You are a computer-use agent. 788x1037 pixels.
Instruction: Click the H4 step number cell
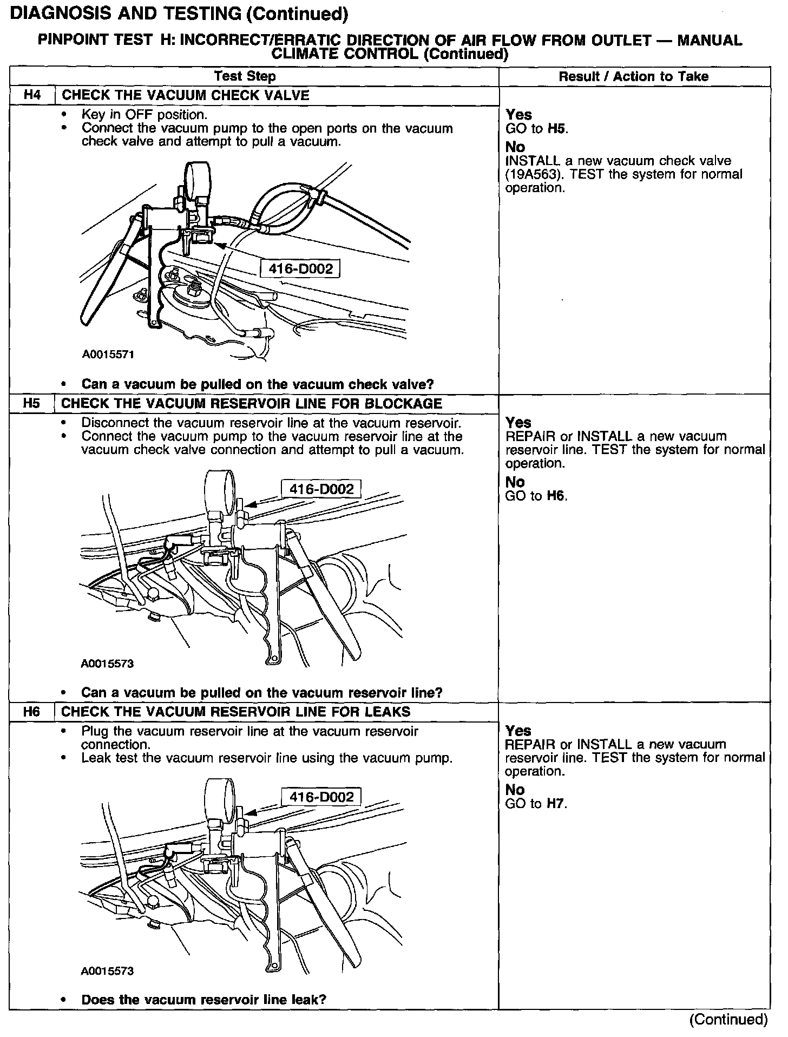click(x=32, y=95)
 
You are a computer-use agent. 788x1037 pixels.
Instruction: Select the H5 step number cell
click(x=32, y=404)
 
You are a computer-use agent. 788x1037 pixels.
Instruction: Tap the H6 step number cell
click(x=32, y=712)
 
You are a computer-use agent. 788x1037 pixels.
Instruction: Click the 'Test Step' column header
click(x=245, y=76)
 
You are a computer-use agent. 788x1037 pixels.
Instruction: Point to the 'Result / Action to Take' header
click(x=633, y=76)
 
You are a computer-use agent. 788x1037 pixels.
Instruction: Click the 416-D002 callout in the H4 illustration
click(x=300, y=268)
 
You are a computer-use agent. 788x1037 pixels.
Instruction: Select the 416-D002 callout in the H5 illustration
click(x=321, y=489)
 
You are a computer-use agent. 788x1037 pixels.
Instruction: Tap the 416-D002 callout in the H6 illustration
click(x=321, y=797)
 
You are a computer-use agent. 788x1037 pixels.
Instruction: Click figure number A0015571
click(x=108, y=355)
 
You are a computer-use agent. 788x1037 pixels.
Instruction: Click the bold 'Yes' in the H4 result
click(x=518, y=115)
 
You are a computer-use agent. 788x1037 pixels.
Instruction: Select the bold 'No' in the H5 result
click(x=515, y=482)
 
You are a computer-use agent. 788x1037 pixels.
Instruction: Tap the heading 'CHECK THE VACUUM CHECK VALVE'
click(x=185, y=95)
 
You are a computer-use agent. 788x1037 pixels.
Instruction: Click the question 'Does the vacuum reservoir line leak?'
click(x=203, y=1000)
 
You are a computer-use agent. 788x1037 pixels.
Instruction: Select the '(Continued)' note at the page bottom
click(x=728, y=1020)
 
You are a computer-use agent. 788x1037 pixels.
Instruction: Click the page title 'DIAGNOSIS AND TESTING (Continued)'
click(x=179, y=15)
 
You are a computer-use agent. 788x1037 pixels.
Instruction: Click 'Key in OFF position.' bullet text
click(x=145, y=115)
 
